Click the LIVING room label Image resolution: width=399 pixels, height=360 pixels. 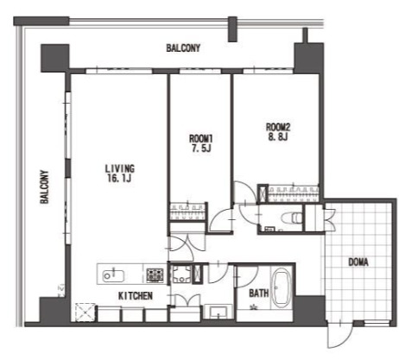tap(119, 168)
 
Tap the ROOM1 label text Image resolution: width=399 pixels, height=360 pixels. tap(201, 139)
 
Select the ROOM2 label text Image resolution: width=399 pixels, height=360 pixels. tap(278, 127)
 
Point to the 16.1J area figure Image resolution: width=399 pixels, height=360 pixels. tap(119, 178)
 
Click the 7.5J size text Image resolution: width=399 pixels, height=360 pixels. tap(201, 148)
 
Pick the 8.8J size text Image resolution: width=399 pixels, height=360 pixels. tap(278, 136)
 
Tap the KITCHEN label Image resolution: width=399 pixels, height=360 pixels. tap(136, 296)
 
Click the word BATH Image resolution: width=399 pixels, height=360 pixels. tap(259, 294)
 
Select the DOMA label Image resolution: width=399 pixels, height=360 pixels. tap(358, 262)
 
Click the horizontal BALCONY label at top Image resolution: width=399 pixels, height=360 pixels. tap(183, 47)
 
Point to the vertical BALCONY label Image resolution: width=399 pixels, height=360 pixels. tap(44, 187)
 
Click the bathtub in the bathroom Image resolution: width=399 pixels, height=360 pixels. tap(281, 287)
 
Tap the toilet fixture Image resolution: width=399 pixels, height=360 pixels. tap(292, 218)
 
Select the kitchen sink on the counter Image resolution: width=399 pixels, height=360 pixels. tap(113, 276)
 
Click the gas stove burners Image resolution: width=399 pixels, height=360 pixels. tap(155, 275)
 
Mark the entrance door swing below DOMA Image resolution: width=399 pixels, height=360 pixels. tap(339, 336)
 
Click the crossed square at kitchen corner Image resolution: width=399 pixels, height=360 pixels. tap(85, 313)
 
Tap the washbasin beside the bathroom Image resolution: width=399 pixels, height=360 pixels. tap(218, 312)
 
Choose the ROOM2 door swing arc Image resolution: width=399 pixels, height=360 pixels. tap(244, 193)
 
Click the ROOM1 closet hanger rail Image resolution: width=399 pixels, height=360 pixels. tap(187, 212)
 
